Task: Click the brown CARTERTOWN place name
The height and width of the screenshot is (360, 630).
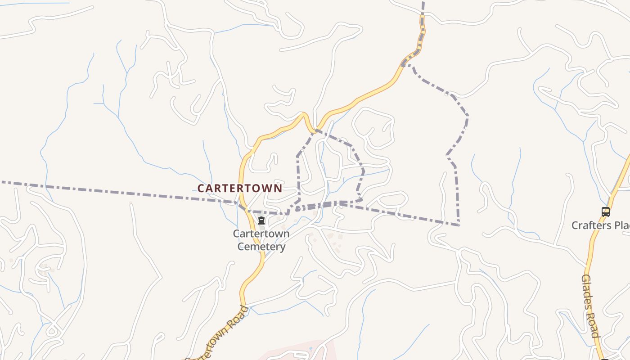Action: pos(240,188)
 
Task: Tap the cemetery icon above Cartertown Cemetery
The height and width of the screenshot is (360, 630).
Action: pos(261,220)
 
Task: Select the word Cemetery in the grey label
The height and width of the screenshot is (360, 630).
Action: pos(261,247)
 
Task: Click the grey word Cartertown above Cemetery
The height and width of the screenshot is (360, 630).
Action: pos(261,234)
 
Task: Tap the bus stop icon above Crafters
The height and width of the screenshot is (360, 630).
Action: pos(606,211)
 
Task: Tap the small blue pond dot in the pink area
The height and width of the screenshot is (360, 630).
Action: pos(310,349)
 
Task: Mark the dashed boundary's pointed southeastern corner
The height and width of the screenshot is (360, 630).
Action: pos(459,225)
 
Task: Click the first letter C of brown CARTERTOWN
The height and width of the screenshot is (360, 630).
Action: pos(201,188)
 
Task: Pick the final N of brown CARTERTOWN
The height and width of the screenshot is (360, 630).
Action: pos(279,188)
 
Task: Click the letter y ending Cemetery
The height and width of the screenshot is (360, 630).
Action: pos(282,247)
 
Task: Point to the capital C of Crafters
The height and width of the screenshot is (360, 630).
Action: pos(576,225)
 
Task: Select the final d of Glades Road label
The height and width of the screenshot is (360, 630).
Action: pos(596,334)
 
